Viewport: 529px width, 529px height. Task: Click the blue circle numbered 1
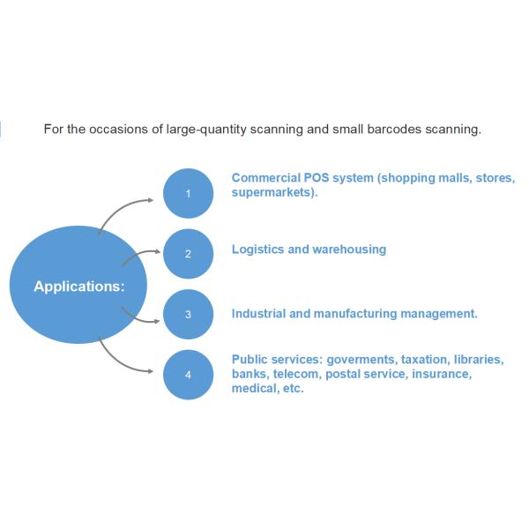(188, 193)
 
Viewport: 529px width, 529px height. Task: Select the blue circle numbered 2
(188, 254)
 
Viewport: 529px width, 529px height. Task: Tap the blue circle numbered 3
(188, 314)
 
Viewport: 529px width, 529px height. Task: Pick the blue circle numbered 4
(188, 375)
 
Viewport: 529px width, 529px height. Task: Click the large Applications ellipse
(78, 286)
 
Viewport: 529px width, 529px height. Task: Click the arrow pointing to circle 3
(139, 317)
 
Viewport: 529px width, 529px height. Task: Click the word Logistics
(257, 250)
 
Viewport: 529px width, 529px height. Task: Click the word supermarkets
(274, 191)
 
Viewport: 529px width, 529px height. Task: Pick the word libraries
(479, 360)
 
